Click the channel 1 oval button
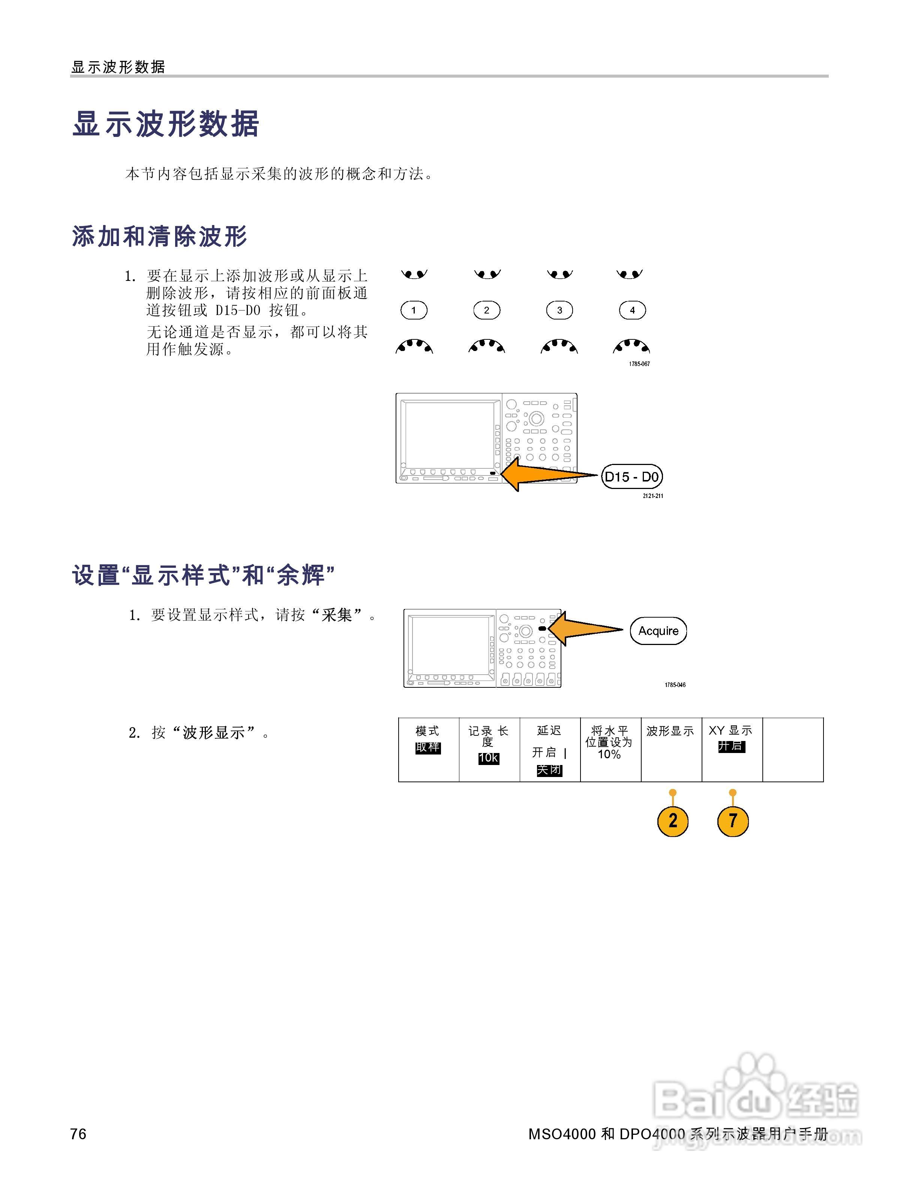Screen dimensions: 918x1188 tap(414, 310)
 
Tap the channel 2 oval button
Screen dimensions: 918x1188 tap(487, 310)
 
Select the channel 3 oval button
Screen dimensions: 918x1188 tap(559, 310)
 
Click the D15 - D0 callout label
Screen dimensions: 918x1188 tap(632, 477)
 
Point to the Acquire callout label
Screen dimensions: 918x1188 tap(658, 631)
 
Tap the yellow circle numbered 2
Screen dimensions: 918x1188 tap(673, 821)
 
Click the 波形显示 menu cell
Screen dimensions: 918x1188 tap(671, 750)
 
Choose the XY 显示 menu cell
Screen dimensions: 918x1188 tap(732, 750)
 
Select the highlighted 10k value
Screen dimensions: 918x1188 tap(488, 758)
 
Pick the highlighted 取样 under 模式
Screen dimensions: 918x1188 tap(428, 747)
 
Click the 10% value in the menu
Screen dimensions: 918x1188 tap(609, 754)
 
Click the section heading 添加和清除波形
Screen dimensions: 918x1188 tap(160, 237)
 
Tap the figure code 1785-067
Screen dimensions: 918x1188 tap(639, 364)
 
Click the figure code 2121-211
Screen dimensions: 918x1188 tap(652, 496)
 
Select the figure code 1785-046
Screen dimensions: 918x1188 tap(675, 685)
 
